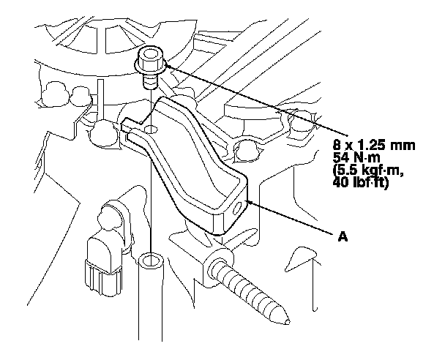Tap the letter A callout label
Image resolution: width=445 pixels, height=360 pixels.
pos(342,236)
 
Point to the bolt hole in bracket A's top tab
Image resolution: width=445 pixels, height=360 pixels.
pos(151,130)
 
